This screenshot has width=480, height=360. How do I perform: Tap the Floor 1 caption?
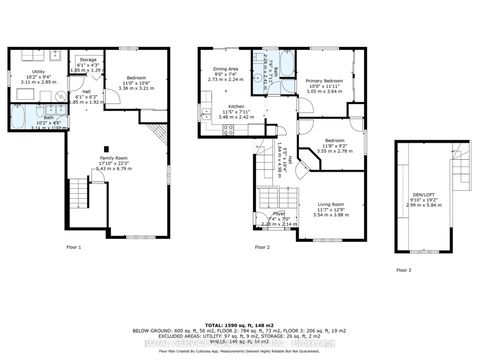click(73, 247)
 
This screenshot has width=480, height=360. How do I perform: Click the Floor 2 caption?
click(262, 247)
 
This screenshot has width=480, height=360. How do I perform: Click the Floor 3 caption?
click(402, 271)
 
